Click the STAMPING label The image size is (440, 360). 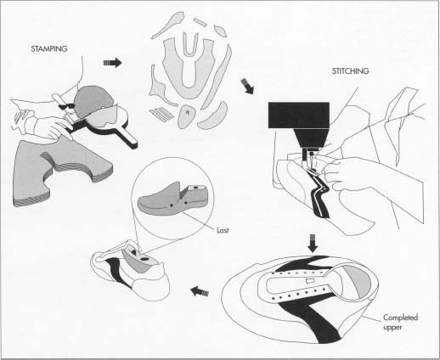point(49,48)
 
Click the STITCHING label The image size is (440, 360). point(350,71)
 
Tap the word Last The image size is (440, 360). point(223,230)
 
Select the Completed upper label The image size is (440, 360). point(400,323)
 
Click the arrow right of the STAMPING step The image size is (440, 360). point(112,63)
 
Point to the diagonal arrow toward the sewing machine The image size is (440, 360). point(247,86)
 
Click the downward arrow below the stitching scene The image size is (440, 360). point(313,243)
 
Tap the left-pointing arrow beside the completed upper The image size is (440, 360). point(200,291)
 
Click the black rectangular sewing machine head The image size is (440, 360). point(299,115)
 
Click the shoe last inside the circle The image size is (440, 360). point(172,200)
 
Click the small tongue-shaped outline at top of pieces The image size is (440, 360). point(190,44)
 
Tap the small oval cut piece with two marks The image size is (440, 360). point(187,115)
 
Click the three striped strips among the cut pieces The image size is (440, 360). point(161,114)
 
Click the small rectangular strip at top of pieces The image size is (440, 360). point(200,22)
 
